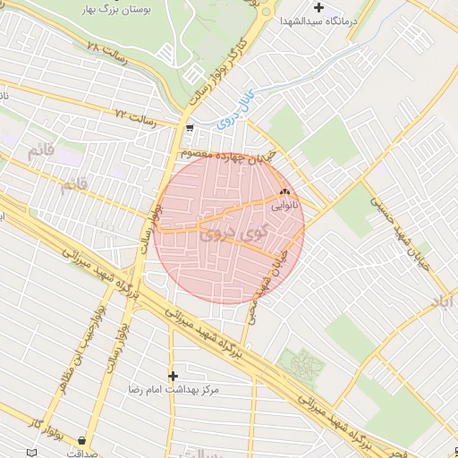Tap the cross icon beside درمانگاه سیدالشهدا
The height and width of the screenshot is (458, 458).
click(x=318, y=8)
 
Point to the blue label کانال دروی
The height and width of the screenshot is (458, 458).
click(x=235, y=105)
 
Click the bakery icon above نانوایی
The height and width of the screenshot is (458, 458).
click(x=285, y=191)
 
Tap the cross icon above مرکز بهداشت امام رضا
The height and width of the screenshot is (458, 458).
click(x=173, y=376)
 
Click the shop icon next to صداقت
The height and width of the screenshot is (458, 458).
click(x=82, y=440)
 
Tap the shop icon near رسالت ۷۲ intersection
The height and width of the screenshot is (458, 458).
click(x=189, y=127)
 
